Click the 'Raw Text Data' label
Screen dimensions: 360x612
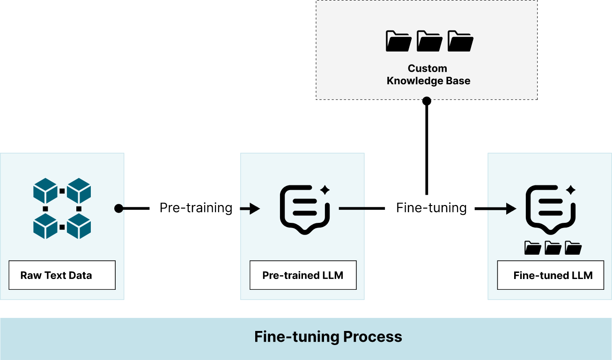click(56, 275)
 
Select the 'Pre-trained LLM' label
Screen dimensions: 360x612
click(302, 275)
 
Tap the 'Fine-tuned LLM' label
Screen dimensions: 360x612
click(553, 275)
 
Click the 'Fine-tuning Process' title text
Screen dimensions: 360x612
click(328, 337)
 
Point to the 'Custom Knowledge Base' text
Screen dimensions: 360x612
click(428, 75)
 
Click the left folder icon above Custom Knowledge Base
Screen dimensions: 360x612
click(398, 41)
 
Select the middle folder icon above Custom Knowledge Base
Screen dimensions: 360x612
click(429, 41)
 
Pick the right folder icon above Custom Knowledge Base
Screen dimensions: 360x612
click(460, 41)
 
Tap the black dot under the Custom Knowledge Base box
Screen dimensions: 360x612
click(427, 99)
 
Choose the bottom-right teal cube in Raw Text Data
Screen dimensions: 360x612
click(79, 226)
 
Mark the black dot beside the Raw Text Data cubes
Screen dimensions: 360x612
click(119, 208)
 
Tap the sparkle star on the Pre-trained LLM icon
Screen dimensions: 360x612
click(325, 190)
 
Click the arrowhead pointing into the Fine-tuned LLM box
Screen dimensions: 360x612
click(511, 208)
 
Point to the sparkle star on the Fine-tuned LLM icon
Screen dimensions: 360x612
click(570, 190)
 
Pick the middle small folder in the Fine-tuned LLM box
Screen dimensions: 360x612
click(553, 248)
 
